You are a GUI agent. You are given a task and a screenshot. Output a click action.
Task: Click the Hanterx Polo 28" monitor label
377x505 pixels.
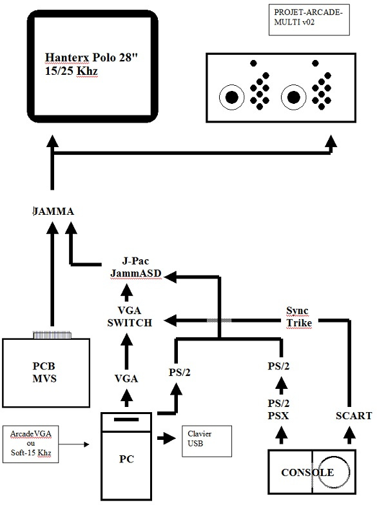pos(92,64)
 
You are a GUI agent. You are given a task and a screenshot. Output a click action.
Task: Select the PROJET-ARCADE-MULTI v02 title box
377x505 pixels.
pos(309,19)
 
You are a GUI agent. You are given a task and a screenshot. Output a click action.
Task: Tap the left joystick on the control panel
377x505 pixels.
pos(231,97)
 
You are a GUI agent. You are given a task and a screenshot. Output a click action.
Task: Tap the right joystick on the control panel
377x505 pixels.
pos(293,97)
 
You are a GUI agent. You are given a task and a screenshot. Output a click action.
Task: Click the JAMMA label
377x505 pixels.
pos(53,212)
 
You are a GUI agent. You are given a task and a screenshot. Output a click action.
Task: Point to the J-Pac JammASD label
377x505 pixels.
pos(135,267)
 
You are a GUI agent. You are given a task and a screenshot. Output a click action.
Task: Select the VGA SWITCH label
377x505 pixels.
pos(130,317)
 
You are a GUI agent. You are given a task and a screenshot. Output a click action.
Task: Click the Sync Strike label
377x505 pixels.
pos(299,317)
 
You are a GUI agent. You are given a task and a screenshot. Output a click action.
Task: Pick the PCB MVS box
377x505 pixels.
pos(46,373)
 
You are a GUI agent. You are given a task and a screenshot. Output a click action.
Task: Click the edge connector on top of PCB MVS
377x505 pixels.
pos(52,335)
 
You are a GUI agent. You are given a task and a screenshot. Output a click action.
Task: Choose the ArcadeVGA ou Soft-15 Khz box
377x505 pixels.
pos(30,444)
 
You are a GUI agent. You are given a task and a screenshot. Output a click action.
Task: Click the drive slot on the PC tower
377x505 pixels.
pos(126,419)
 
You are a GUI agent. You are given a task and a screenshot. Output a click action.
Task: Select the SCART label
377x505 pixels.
pos(354,416)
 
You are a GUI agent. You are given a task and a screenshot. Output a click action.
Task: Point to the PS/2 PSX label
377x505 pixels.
pos(278,410)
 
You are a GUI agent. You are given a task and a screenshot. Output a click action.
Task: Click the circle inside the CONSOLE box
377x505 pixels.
pos(334,472)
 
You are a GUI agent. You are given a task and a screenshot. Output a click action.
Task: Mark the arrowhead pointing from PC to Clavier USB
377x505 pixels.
pos(169,438)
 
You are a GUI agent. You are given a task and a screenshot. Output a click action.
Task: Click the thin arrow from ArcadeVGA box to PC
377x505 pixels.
pos(73,444)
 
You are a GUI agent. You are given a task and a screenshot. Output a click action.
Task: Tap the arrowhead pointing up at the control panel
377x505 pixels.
pos(331,141)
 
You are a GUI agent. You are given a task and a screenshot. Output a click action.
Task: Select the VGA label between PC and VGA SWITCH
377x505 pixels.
pos(126,379)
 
